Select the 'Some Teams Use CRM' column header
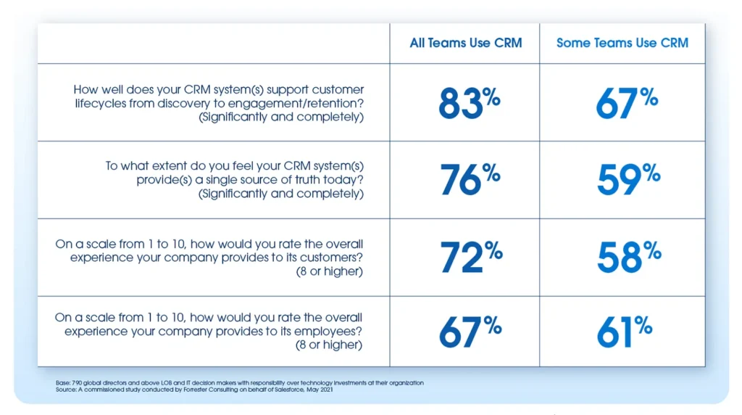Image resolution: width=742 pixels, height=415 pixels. click(622, 43)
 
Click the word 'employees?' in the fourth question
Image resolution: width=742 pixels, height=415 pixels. click(330, 331)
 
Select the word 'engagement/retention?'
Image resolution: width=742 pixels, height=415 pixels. click(304, 103)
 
